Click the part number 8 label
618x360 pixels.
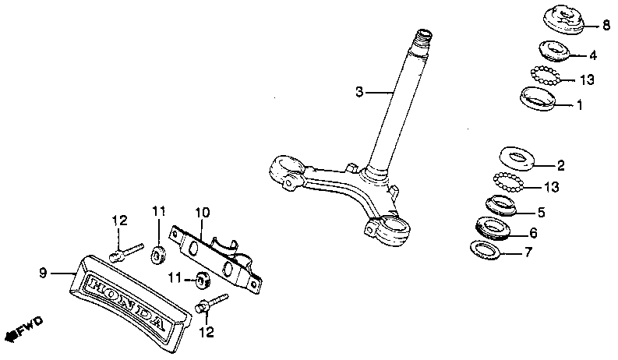606,26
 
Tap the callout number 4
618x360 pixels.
593,55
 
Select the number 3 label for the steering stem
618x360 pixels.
359,92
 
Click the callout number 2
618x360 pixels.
560,165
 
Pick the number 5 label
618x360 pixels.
542,212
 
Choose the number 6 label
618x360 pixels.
533,232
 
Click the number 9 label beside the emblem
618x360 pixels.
44,273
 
